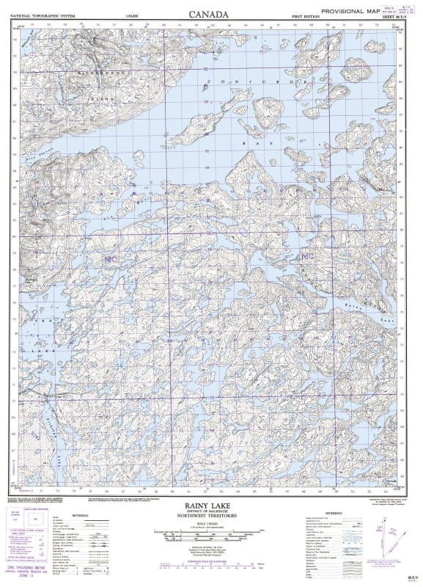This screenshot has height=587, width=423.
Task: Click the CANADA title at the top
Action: (208, 14)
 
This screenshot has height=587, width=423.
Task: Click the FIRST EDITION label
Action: (306, 15)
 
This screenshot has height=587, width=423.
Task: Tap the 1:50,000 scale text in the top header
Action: (132, 15)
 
